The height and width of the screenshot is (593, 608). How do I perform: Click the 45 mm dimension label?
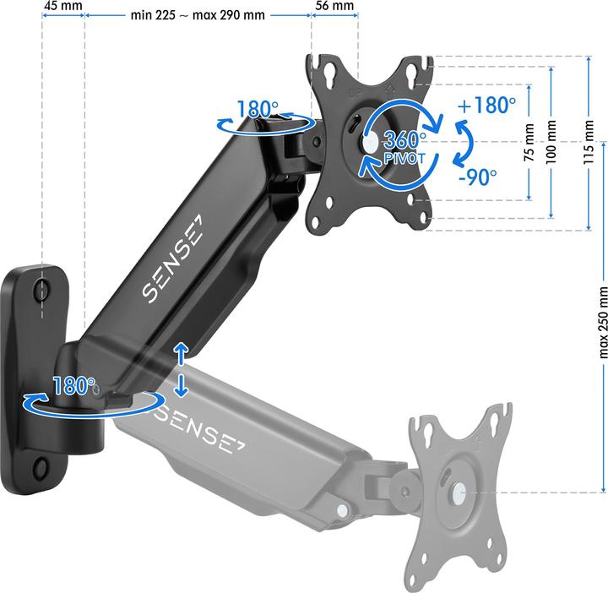(62, 7)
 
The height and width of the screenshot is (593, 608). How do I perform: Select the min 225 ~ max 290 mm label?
(198, 15)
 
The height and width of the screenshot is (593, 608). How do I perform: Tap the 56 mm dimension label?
(334, 7)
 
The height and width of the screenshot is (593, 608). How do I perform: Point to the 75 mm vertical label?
(529, 144)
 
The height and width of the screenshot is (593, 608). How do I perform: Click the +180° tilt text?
(486, 106)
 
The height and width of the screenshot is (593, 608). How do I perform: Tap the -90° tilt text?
(476, 177)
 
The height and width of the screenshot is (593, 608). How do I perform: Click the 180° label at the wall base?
(75, 386)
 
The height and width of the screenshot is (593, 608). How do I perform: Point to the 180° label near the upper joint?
(258, 110)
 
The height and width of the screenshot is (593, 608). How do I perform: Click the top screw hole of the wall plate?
(42, 290)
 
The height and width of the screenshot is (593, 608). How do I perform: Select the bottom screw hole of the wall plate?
(41, 467)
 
